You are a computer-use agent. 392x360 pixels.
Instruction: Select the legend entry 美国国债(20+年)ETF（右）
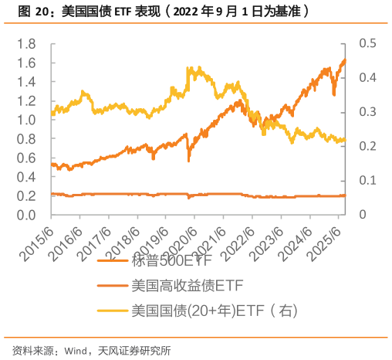pos(214,311)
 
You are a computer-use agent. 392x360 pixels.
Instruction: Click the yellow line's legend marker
pos(113,311)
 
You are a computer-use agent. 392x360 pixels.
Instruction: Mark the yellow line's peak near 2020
pos(190,67)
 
